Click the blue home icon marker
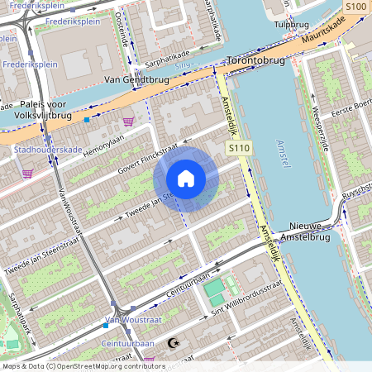186,179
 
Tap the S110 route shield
237,146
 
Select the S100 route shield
355,7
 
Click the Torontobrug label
255,61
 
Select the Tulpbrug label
290,25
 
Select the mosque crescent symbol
172,342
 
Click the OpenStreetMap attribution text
83,365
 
